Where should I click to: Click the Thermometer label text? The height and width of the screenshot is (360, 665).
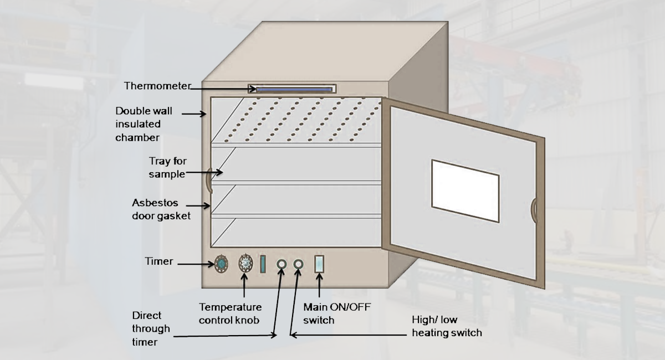coord(157,86)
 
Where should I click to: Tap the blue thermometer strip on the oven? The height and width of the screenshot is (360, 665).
coord(293,89)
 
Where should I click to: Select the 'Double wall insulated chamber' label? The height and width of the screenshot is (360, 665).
coord(138,124)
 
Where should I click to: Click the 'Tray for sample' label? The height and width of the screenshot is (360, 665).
coord(167,167)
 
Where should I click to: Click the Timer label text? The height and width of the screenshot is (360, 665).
coord(159,261)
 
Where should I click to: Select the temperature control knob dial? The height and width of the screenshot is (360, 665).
coord(245,264)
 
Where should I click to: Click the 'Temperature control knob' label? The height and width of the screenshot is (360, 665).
coord(231,313)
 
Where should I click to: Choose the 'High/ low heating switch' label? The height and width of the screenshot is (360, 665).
coord(446,326)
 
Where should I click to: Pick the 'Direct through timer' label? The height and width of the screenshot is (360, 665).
coord(151,328)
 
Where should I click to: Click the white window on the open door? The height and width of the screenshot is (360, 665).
coord(465,191)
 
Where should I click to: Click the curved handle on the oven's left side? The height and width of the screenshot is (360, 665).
coord(209,180)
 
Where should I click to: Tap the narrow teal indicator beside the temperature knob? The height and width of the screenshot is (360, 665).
coord(263,264)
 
